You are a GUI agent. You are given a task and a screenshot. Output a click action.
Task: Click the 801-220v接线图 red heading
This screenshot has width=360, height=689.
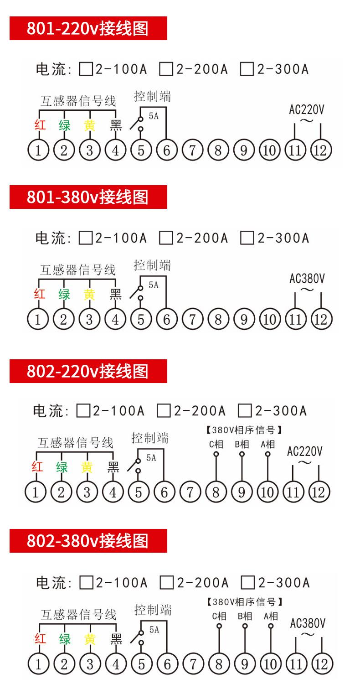coord(88,28)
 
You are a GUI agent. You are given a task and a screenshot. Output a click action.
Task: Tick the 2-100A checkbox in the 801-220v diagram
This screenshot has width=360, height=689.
coord(86,69)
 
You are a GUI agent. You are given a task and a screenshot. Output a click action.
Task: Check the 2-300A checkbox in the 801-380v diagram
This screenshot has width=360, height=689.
coord(247,238)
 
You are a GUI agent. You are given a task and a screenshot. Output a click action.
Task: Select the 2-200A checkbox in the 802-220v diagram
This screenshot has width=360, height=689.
coord(164,411)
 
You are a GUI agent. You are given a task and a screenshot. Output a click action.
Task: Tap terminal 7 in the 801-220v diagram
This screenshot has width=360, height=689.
coord(192,150)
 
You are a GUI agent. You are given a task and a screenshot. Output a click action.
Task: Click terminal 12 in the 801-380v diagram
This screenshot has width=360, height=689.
coord(321,319)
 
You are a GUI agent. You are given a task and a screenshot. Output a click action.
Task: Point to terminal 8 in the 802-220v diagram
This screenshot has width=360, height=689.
coord(216,492)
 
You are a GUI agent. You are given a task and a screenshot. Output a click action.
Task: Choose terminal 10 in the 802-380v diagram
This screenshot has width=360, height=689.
coord(270,664)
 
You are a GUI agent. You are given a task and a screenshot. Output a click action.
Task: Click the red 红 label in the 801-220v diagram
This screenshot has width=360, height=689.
coord(40,125)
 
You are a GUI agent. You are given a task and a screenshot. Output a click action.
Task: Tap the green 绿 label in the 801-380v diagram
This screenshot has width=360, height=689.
coord(64,295)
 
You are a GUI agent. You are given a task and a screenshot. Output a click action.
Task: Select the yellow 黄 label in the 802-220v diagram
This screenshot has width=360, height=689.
coord(87,467)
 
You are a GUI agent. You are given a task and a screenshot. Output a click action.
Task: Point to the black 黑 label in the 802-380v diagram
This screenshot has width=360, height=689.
coord(117,639)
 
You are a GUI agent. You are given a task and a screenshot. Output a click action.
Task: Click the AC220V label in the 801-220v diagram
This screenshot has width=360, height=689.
coord(307,109)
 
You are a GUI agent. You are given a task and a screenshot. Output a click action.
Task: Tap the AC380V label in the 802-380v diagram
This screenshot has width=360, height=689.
coord(308,623)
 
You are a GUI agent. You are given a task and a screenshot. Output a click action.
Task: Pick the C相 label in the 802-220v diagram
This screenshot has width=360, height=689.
coord(216,444)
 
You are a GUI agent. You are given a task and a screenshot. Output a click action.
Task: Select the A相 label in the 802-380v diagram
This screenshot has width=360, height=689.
coord(271,616)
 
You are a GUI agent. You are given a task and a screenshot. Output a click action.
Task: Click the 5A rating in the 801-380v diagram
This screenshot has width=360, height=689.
coord(154,285)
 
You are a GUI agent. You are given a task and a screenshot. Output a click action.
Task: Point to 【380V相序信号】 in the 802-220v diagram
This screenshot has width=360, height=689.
coord(243,430)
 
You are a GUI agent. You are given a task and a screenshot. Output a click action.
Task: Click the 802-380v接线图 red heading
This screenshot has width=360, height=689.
coord(88,541)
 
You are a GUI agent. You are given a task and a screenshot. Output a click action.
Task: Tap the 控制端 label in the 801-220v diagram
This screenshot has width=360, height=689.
coord(153,97)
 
